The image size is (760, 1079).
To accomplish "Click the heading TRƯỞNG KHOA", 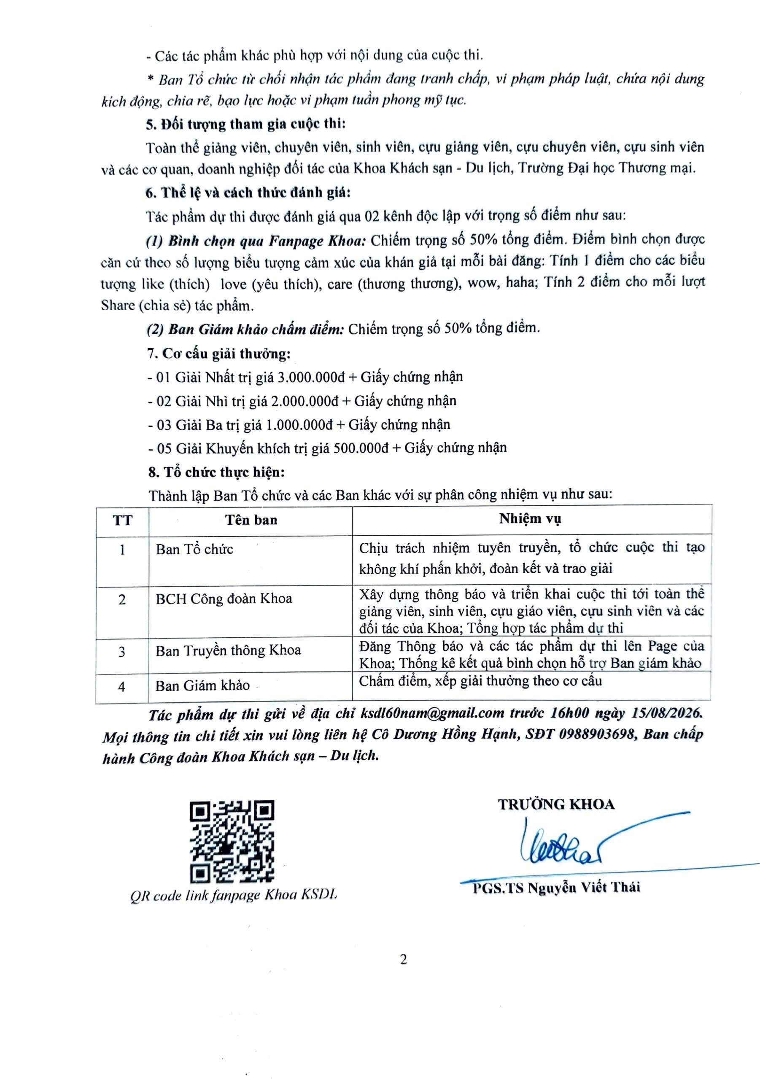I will [x=556, y=805].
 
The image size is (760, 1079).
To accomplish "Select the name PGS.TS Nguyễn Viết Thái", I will [x=556, y=887].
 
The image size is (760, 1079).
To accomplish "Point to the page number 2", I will [x=404, y=960].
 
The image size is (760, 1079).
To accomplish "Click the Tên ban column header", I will [x=251, y=520].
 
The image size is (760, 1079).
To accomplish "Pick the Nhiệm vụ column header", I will [x=530, y=519].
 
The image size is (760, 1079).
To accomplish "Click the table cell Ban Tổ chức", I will [x=195, y=549].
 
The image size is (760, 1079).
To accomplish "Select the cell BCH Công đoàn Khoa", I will [x=224, y=599].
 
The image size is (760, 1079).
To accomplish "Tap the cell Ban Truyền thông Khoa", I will [x=228, y=650].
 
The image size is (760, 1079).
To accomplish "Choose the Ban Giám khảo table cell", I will [x=203, y=686].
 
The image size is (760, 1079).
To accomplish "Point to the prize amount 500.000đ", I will [x=361, y=448].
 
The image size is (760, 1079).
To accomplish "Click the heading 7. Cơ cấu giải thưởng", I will [x=219, y=353].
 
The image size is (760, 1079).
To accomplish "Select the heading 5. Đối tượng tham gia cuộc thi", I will [x=245, y=124].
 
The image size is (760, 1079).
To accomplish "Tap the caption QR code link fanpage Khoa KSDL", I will [x=234, y=896].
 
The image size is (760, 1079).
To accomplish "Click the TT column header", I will [x=122, y=520].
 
